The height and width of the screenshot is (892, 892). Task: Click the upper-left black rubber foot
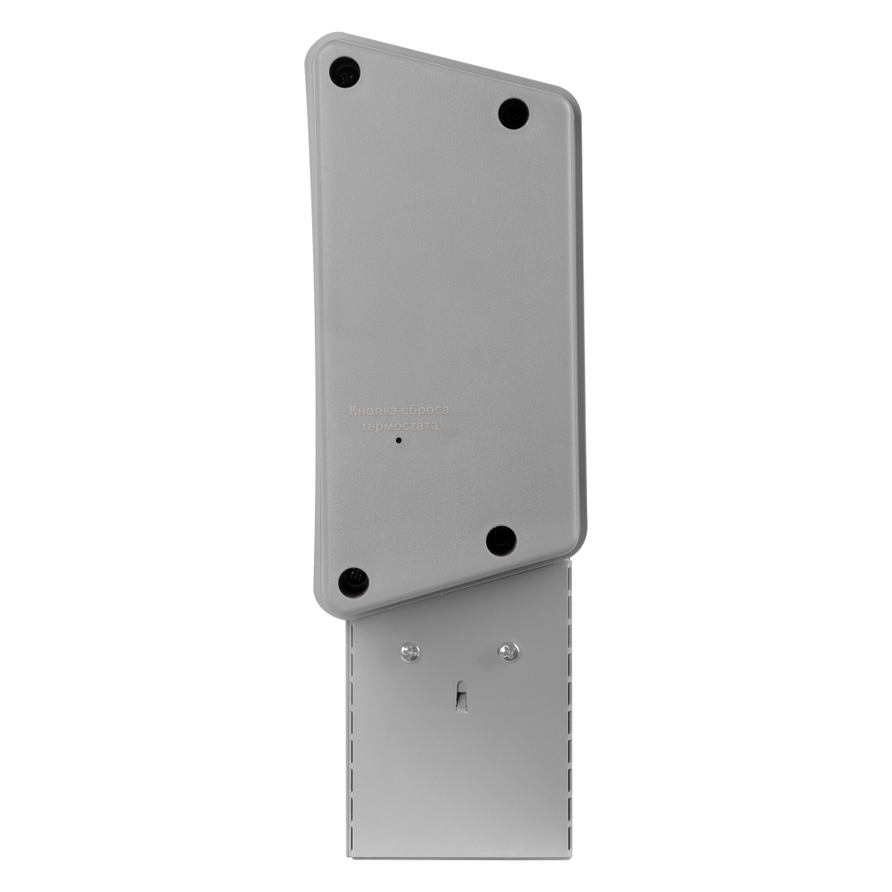click(344, 71)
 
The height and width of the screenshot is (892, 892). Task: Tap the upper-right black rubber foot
click(513, 113)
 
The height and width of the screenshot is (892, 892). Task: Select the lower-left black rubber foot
click(353, 582)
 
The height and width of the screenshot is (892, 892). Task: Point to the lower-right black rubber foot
click(501, 540)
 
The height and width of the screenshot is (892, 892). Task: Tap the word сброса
click(425, 410)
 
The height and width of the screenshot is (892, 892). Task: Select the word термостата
click(401, 426)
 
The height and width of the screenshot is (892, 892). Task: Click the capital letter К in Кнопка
click(352, 410)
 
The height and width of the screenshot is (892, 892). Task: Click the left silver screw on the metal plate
click(409, 652)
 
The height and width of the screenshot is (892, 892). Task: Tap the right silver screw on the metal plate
click(508, 651)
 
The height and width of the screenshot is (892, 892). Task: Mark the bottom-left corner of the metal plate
click(349, 857)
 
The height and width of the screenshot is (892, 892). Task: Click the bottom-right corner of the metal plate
click(571, 857)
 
